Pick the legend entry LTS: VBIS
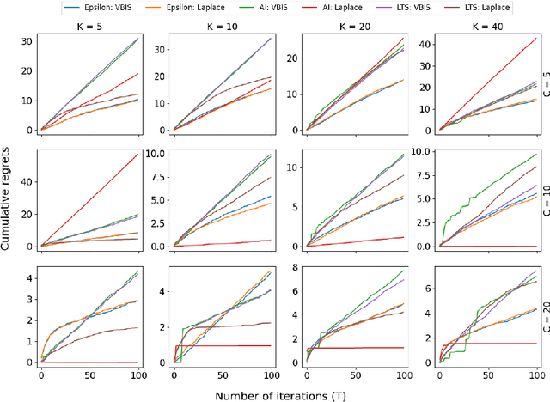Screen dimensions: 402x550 pos(400,7)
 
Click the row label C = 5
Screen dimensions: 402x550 pos(543,82)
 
